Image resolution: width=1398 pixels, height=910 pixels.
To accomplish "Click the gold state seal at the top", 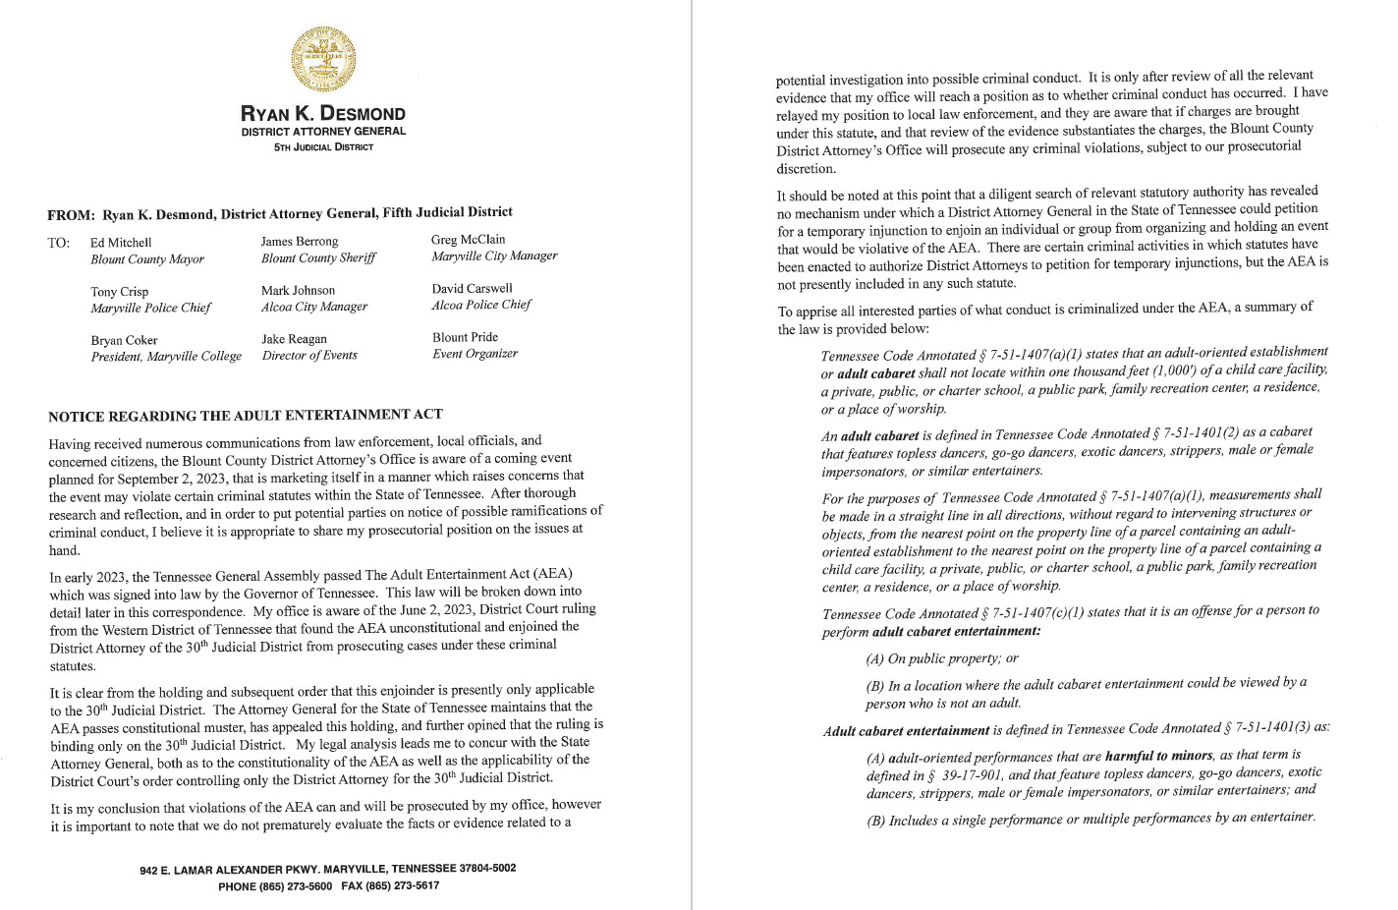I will (323, 61).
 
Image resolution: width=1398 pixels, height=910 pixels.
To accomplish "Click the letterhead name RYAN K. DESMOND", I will (323, 113).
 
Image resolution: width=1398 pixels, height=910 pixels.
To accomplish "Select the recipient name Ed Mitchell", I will (121, 242).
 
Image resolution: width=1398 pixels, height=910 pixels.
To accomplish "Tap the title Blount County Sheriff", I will (318, 258).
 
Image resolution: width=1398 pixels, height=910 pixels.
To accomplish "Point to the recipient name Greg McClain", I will (468, 239).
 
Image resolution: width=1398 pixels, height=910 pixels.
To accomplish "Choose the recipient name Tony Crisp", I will (120, 291).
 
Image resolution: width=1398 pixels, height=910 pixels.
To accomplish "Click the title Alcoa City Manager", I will (314, 307).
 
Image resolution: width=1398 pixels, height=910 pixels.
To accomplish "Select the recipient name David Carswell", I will (472, 288).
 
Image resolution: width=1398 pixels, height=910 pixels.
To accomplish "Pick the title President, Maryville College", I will (166, 357).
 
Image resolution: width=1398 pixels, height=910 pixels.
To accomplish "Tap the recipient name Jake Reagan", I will (294, 339).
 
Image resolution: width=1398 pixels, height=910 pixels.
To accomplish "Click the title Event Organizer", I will (475, 354).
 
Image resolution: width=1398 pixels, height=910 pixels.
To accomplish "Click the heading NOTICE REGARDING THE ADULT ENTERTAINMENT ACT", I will (246, 415).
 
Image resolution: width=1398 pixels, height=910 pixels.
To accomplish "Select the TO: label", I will (58, 243).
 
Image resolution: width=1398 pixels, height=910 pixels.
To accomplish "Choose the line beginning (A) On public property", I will (941, 658).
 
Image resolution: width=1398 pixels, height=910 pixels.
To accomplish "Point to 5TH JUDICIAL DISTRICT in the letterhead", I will (323, 147).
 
